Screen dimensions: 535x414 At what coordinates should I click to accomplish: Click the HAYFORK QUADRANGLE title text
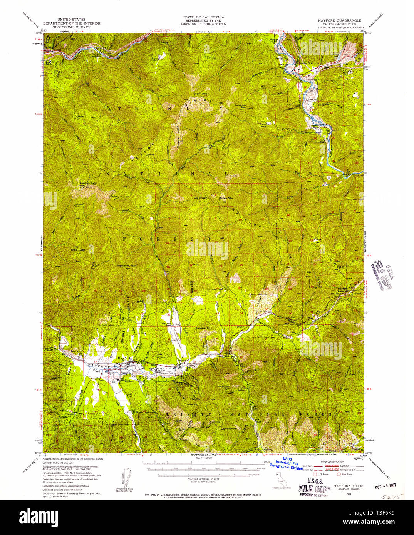click(339, 20)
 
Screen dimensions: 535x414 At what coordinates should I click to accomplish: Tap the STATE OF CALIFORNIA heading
click(203, 17)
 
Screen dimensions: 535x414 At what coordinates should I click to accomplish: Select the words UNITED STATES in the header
click(72, 19)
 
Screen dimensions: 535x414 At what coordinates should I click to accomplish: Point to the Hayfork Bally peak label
click(88, 183)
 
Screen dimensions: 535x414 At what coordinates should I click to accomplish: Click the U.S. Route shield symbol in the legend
click(314, 474)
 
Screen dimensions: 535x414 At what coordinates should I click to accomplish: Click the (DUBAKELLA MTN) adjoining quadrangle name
click(203, 455)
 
